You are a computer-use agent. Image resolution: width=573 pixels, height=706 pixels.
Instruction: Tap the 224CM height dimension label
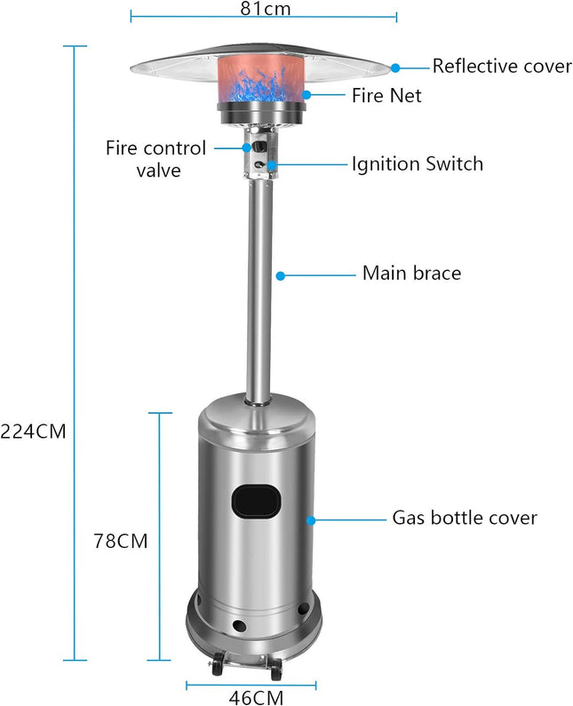click(x=33, y=432)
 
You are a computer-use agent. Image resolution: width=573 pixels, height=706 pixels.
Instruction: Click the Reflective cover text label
click(x=502, y=67)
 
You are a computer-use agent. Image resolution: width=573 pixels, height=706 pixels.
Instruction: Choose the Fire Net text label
click(x=386, y=93)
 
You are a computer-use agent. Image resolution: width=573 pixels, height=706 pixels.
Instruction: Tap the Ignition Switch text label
click(x=417, y=163)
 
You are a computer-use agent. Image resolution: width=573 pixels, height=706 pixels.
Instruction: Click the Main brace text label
click(x=411, y=274)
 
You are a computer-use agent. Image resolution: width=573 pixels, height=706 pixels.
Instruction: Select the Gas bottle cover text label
click(x=465, y=517)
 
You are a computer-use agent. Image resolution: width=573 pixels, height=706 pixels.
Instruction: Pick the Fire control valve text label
click(x=155, y=158)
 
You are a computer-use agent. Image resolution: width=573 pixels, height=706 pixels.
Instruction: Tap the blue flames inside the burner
click(x=261, y=90)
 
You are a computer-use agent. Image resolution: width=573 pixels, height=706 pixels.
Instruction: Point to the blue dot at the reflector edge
click(x=395, y=67)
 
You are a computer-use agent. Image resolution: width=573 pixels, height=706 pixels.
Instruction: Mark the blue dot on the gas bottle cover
click(x=311, y=518)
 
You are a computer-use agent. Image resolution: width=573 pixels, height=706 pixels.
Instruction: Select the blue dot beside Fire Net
click(x=307, y=93)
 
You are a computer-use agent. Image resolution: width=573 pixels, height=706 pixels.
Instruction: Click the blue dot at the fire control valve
click(x=246, y=147)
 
